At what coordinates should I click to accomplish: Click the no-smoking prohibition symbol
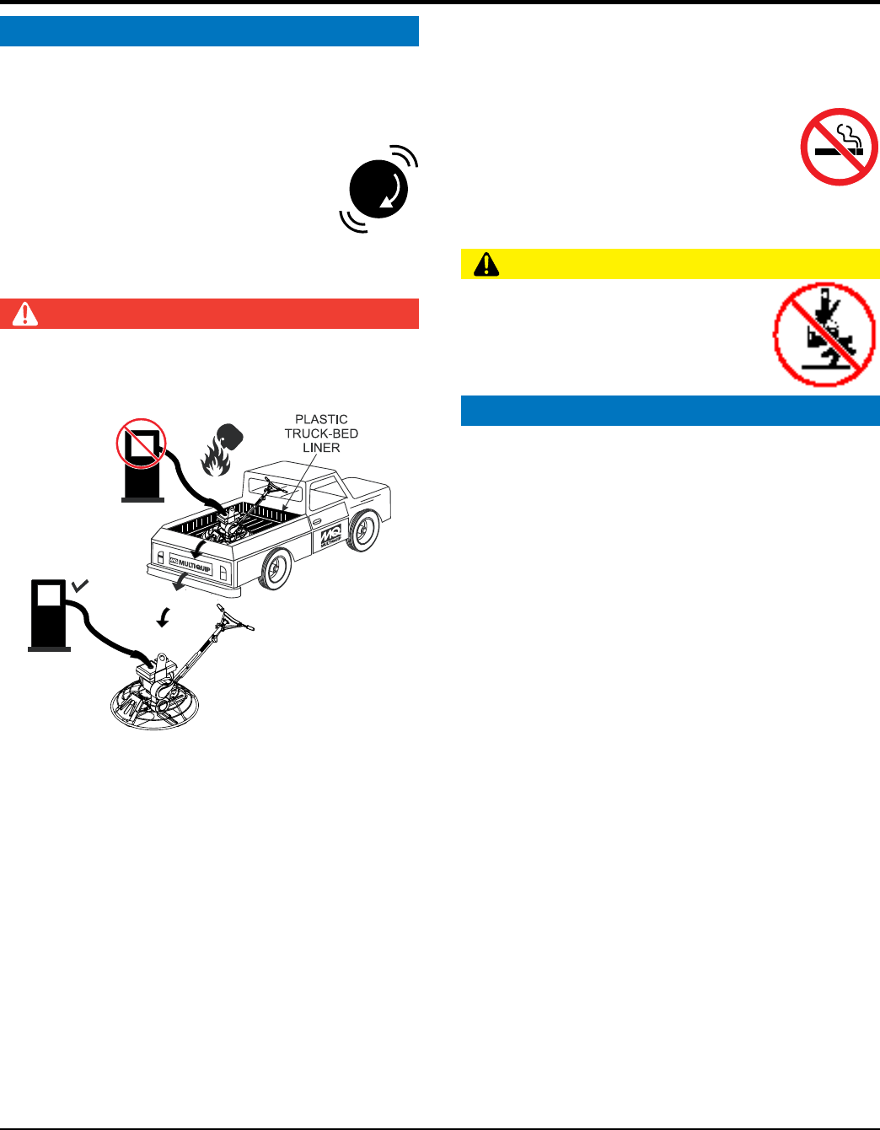click(x=839, y=146)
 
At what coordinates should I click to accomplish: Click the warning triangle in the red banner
click(x=25, y=314)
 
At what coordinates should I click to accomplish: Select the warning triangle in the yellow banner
click(x=486, y=265)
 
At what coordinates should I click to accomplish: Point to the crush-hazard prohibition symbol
click(x=824, y=334)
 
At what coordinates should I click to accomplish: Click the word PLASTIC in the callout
click(x=321, y=419)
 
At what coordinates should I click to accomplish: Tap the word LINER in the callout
click(x=321, y=448)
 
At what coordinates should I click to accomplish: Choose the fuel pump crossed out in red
click(x=142, y=460)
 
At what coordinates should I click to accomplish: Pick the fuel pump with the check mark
click(x=49, y=613)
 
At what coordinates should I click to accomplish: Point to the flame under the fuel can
click(x=215, y=460)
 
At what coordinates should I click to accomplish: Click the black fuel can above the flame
click(x=229, y=436)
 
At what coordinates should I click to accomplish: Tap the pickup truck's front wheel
click(x=362, y=530)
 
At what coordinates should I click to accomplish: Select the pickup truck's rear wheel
click(x=275, y=569)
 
